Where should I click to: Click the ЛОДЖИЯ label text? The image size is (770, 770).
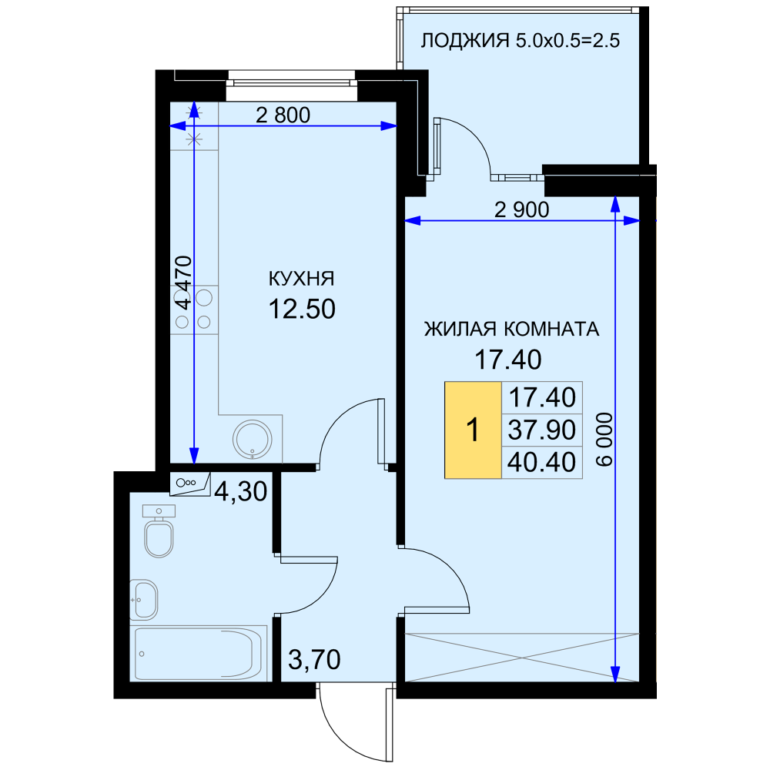tap(465, 40)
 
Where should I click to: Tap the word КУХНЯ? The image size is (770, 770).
tap(302, 279)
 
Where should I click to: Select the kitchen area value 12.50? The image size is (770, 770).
tap(302, 309)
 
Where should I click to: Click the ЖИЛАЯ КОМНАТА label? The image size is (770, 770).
tap(512, 329)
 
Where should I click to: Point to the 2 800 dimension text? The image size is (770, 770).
tap(283, 115)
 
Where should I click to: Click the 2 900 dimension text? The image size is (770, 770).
tap(521, 210)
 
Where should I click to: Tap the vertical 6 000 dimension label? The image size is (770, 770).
tap(605, 439)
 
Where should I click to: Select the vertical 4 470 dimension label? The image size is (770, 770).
tap(184, 283)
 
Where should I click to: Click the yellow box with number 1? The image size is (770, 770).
tap(473, 430)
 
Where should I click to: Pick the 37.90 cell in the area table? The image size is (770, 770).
tap(541, 430)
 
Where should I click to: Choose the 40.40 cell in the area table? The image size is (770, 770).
tap(541, 462)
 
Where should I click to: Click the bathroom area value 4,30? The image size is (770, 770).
tap(240, 491)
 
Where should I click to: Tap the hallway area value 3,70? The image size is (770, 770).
tap(314, 660)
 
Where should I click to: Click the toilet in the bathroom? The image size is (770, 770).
tap(159, 531)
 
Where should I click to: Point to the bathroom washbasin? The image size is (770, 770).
tap(143, 600)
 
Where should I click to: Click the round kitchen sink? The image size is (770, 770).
tap(253, 439)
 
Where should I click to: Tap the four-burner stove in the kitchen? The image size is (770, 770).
tap(194, 310)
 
